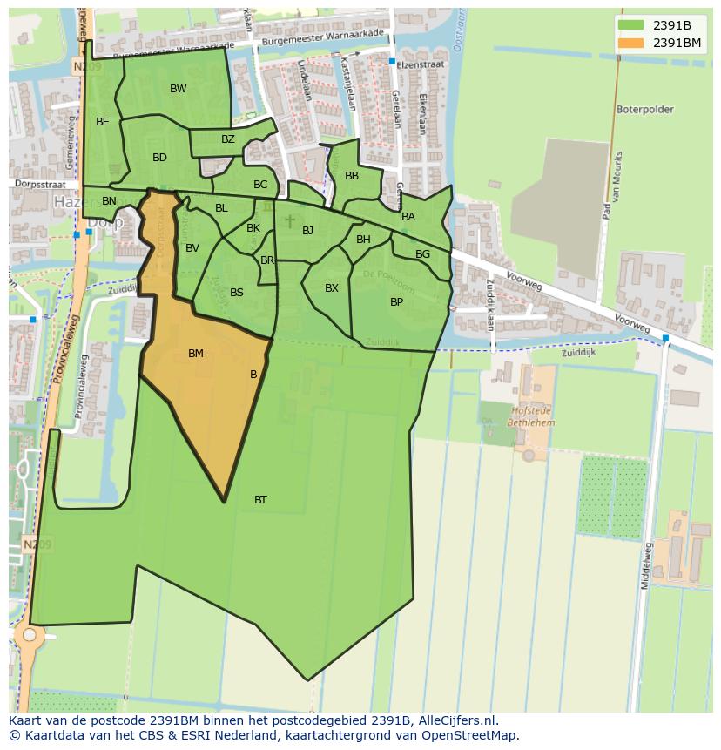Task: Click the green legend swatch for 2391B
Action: (632, 25)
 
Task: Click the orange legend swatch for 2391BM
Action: (632, 42)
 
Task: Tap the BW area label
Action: (178, 89)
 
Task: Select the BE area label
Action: (103, 122)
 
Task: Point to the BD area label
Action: (159, 158)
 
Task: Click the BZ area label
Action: (228, 139)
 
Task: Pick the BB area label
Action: (352, 176)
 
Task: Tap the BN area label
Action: (109, 201)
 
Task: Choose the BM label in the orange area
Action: (196, 354)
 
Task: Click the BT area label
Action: (260, 500)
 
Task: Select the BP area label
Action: (396, 302)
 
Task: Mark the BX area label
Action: (332, 288)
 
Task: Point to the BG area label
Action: (422, 254)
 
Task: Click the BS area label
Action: (237, 293)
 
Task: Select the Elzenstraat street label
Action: (421, 64)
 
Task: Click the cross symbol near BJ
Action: (290, 222)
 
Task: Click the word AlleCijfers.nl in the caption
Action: (456, 720)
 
